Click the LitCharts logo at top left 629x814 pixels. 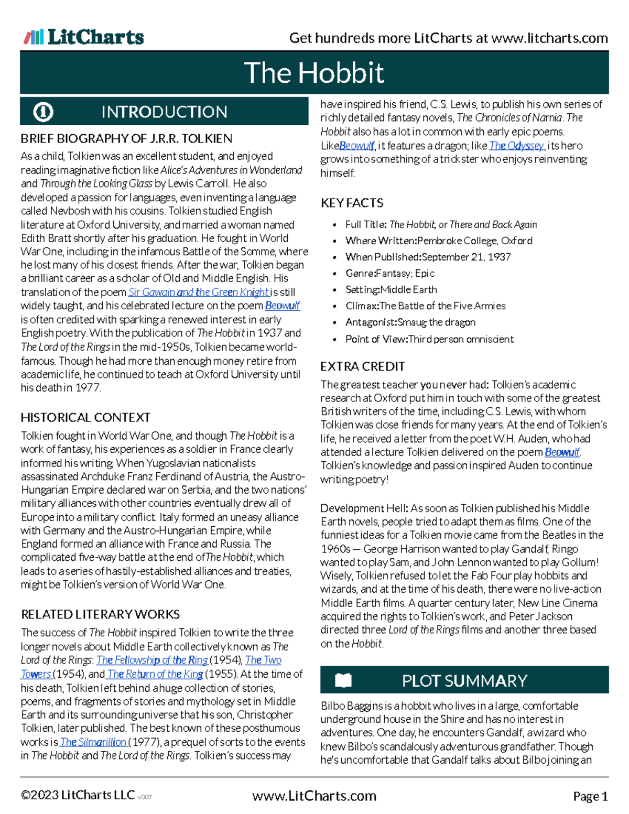(x=84, y=37)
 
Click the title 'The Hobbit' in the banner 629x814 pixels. (x=313, y=72)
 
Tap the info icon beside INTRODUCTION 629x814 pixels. (x=43, y=112)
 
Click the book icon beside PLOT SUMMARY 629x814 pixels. (x=343, y=680)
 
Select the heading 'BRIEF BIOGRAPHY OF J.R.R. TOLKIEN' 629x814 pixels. (x=126, y=138)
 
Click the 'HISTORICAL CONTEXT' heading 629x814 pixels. (x=85, y=417)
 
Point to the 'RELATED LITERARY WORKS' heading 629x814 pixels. (x=100, y=614)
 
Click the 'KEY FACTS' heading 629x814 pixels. (x=352, y=203)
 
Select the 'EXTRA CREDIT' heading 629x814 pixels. (x=363, y=366)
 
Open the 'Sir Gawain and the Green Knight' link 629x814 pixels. (x=199, y=292)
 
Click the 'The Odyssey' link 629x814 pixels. (x=516, y=146)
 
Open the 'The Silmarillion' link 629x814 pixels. (x=93, y=742)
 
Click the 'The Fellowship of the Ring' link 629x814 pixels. (x=152, y=660)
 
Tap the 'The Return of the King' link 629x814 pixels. (x=155, y=674)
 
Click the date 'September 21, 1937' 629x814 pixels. (x=466, y=257)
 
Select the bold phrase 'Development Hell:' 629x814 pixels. (x=364, y=508)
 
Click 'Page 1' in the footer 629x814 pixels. (x=590, y=797)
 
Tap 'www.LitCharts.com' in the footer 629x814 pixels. (x=314, y=796)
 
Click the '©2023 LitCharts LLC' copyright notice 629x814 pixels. (x=78, y=795)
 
